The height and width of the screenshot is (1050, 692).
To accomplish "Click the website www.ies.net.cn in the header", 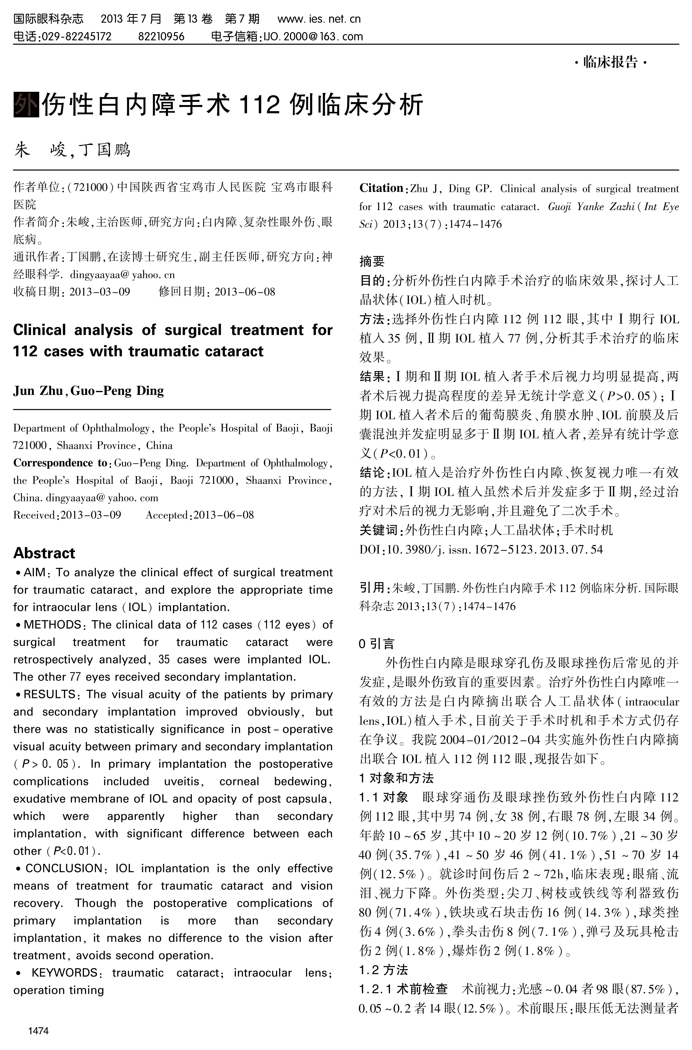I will [x=319, y=19].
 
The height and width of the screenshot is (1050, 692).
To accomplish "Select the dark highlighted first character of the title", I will [x=26, y=105].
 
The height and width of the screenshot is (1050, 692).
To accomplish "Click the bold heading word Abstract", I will [x=44, y=553].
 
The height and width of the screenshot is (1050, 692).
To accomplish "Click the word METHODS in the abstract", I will [x=52, y=625].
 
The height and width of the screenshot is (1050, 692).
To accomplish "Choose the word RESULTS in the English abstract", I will [x=50, y=694].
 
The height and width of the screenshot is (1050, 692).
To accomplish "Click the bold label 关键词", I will [x=379, y=530].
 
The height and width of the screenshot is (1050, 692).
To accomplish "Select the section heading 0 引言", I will [x=377, y=644].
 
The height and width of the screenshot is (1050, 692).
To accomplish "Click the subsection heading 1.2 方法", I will [x=383, y=970].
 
